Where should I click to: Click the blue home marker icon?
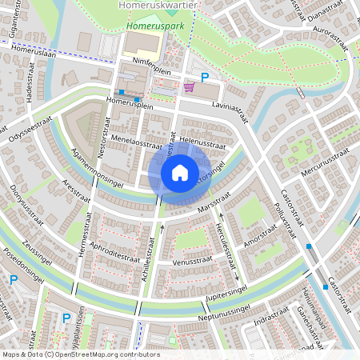pyautogui.click(x=180, y=172)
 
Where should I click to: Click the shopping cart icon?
pyautogui.click(x=189, y=87)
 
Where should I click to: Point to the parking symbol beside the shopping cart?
pyautogui.click(x=205, y=78)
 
